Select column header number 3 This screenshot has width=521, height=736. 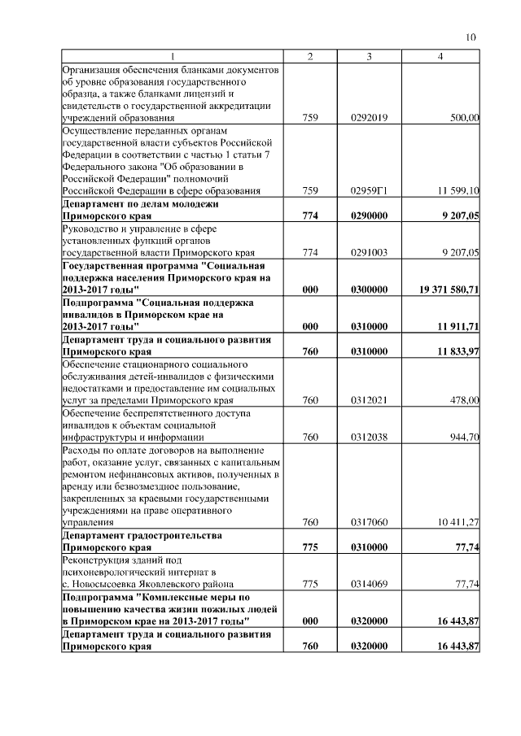pyautogui.click(x=369, y=55)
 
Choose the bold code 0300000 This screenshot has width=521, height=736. pyautogui.click(x=369, y=290)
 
